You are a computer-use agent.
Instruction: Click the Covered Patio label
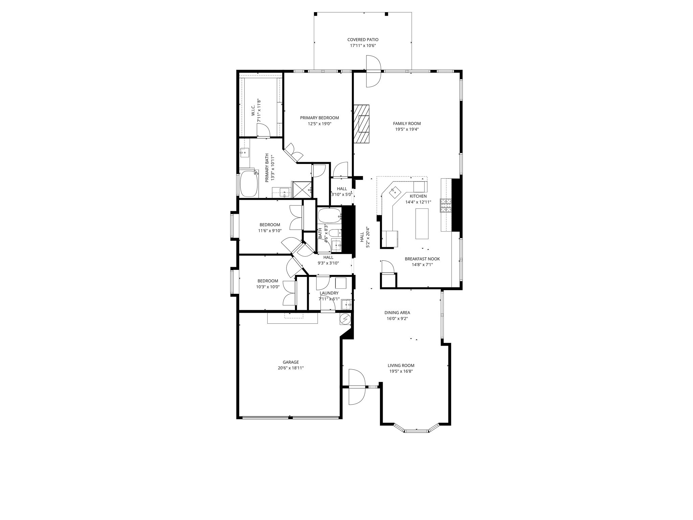(x=363, y=40)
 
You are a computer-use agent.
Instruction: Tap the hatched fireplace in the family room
(x=362, y=124)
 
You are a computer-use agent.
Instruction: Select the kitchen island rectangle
(x=422, y=224)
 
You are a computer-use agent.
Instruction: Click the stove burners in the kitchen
(x=446, y=205)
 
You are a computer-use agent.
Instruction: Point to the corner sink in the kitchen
(x=395, y=193)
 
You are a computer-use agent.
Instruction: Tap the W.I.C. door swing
(x=263, y=131)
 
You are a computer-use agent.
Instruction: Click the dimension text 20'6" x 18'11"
(x=291, y=368)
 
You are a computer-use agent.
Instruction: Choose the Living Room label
(x=401, y=365)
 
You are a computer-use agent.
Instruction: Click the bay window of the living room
(x=416, y=431)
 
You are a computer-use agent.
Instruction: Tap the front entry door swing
(x=357, y=387)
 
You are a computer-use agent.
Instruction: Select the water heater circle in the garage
(x=345, y=319)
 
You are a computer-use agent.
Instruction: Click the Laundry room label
(x=329, y=293)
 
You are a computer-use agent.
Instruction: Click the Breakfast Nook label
(x=422, y=259)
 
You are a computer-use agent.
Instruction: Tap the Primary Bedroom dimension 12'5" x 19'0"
(x=319, y=124)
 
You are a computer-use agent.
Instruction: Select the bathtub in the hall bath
(x=329, y=215)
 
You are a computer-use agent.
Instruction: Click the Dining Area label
(x=397, y=312)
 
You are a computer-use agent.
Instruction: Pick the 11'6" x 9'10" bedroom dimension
(x=269, y=231)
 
